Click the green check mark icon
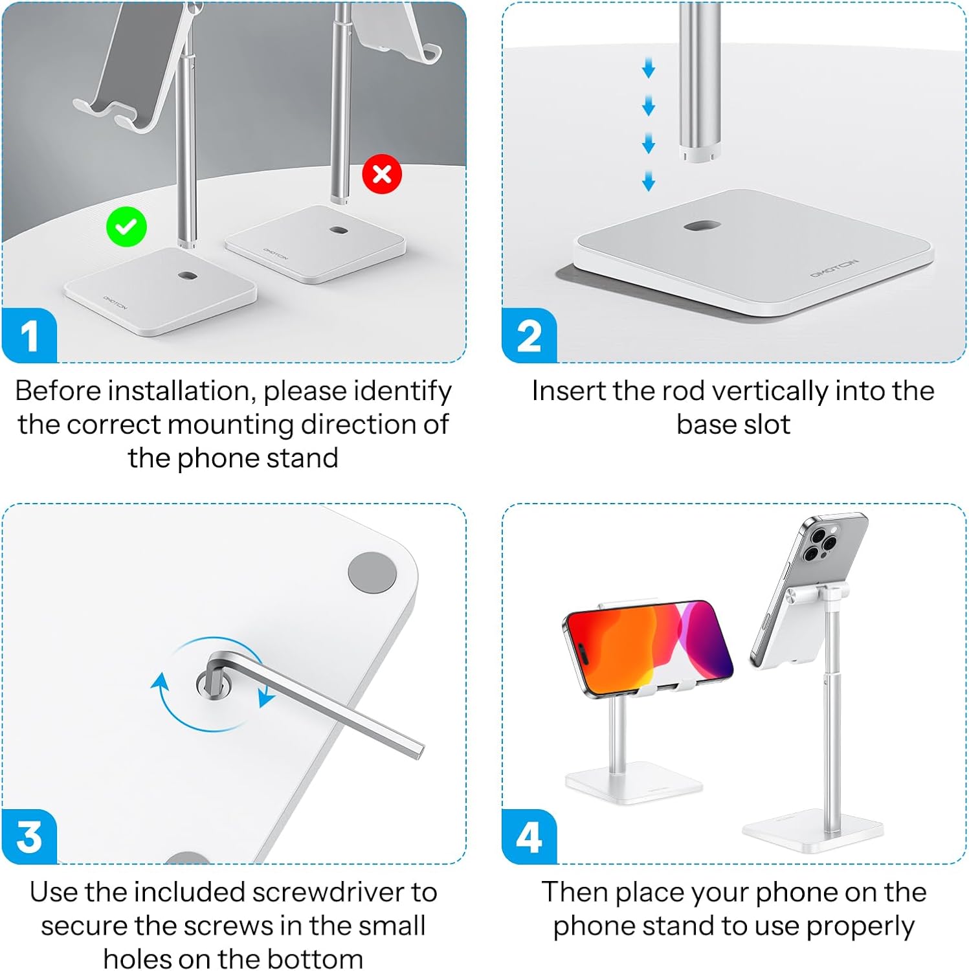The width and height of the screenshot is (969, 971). [126, 227]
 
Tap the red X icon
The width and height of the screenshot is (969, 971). [382, 174]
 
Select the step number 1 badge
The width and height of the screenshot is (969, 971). [29, 335]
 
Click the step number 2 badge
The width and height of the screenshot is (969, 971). [529, 335]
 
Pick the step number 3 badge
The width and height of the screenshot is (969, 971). [29, 836]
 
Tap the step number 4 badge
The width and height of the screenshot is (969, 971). [529, 836]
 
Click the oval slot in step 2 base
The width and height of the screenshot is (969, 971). [702, 226]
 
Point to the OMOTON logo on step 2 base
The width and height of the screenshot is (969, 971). [834, 268]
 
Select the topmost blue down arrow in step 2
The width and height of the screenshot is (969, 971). [649, 68]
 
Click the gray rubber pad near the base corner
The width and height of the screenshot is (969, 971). [372, 572]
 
